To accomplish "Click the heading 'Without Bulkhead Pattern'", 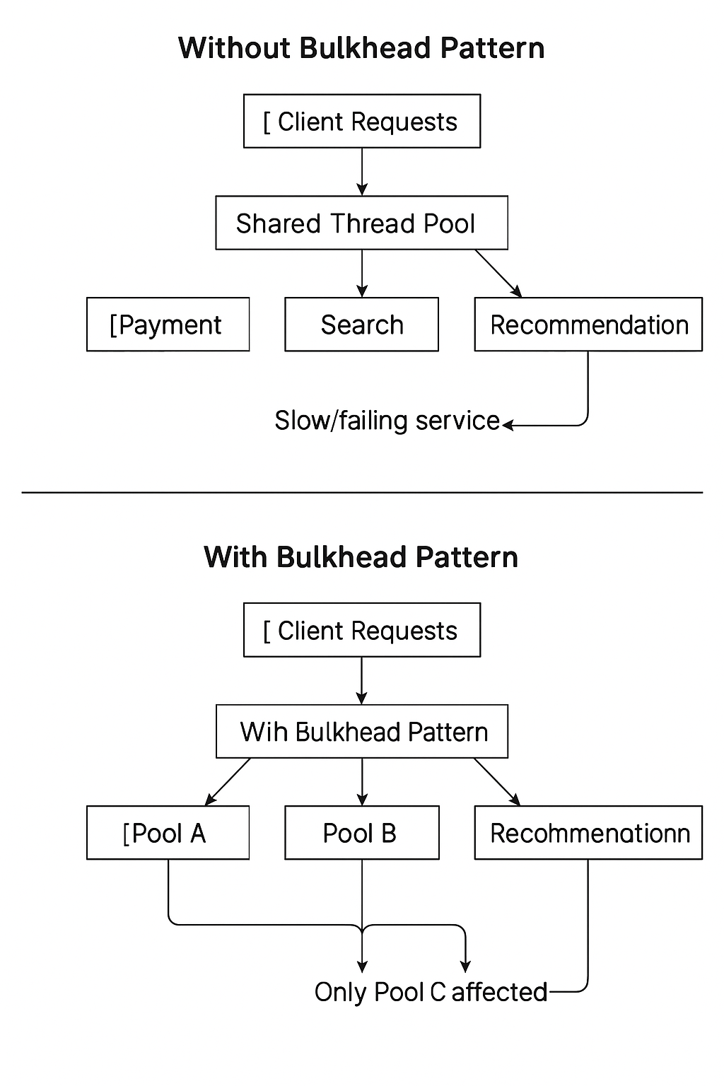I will (x=361, y=48).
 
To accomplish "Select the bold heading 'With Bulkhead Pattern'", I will (x=361, y=557).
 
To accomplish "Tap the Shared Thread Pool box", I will (x=361, y=223).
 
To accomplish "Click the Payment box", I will (x=168, y=325).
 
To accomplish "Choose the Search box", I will (x=361, y=325).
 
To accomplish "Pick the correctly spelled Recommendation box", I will (x=588, y=325).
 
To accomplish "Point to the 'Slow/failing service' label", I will (x=387, y=421).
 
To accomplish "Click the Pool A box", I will (x=168, y=833).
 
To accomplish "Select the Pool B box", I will (x=361, y=833).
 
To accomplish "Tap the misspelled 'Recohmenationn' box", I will (x=588, y=833).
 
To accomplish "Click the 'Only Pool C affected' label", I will (x=431, y=992).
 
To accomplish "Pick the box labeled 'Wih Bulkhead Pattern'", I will (x=361, y=732).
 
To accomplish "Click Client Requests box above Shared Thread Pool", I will (x=361, y=122).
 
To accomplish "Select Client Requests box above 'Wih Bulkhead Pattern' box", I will (x=361, y=630).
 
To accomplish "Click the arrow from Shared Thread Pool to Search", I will (x=362, y=274).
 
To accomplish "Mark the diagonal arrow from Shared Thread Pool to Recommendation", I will (x=498, y=274).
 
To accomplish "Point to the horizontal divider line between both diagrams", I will (x=362, y=492).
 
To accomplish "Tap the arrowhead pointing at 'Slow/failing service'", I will (x=508, y=425).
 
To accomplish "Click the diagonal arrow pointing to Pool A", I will (x=228, y=782).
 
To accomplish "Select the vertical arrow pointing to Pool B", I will (x=362, y=782).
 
